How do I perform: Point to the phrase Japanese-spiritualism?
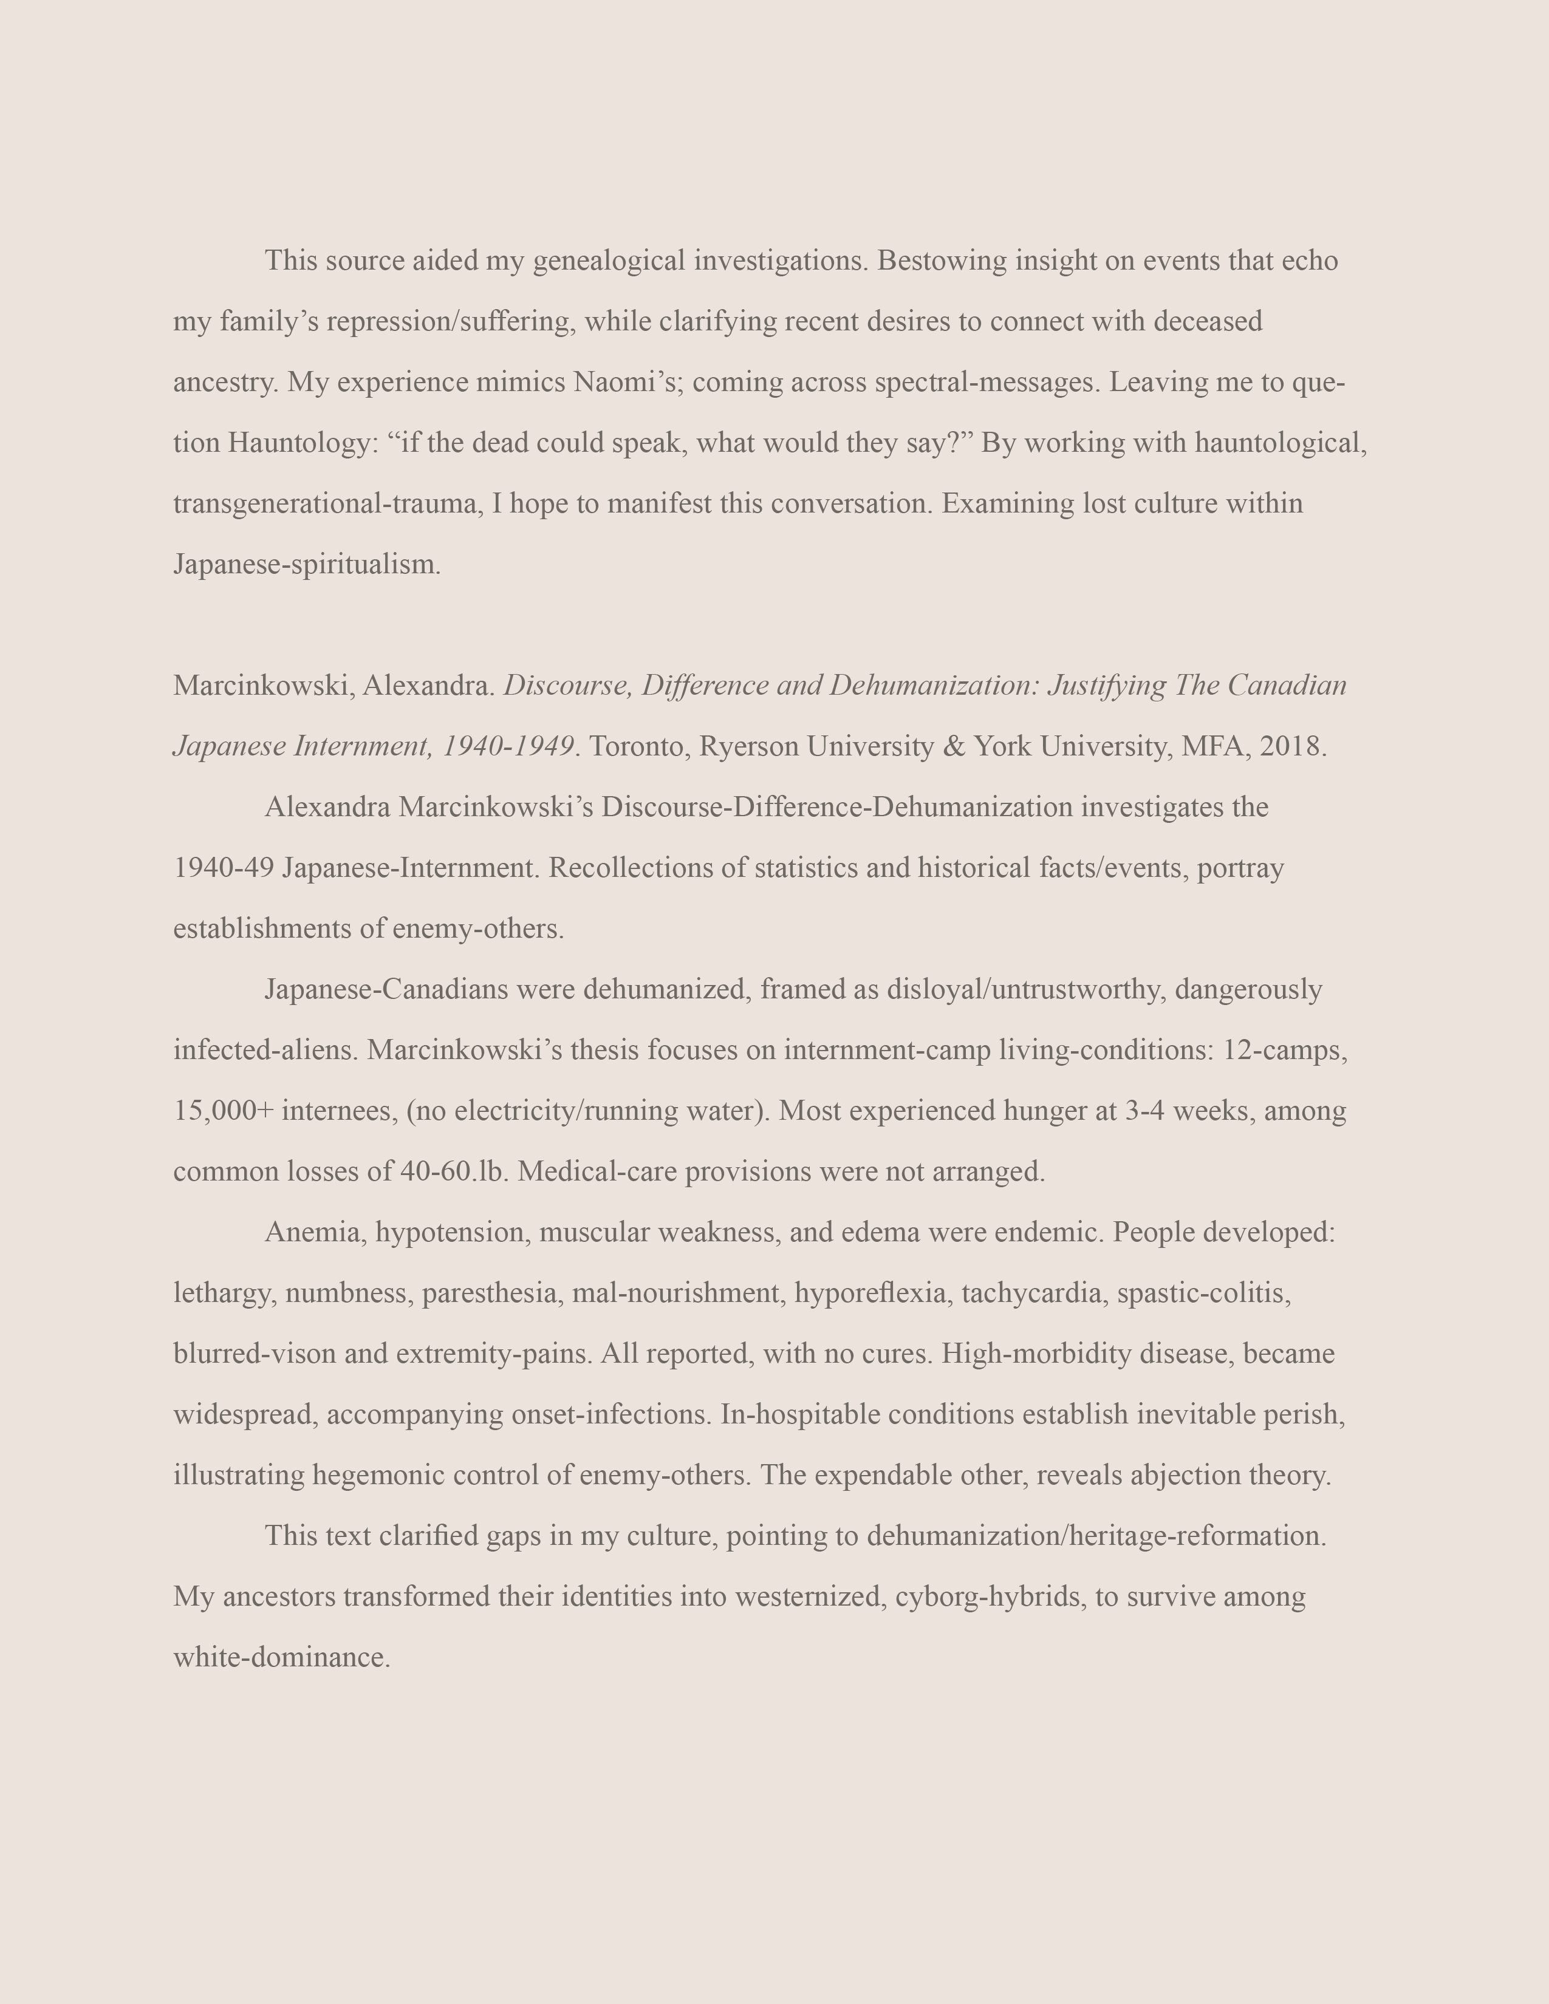tap(307, 564)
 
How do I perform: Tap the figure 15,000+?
tap(224, 1111)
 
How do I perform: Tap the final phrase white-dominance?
tap(282, 1657)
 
